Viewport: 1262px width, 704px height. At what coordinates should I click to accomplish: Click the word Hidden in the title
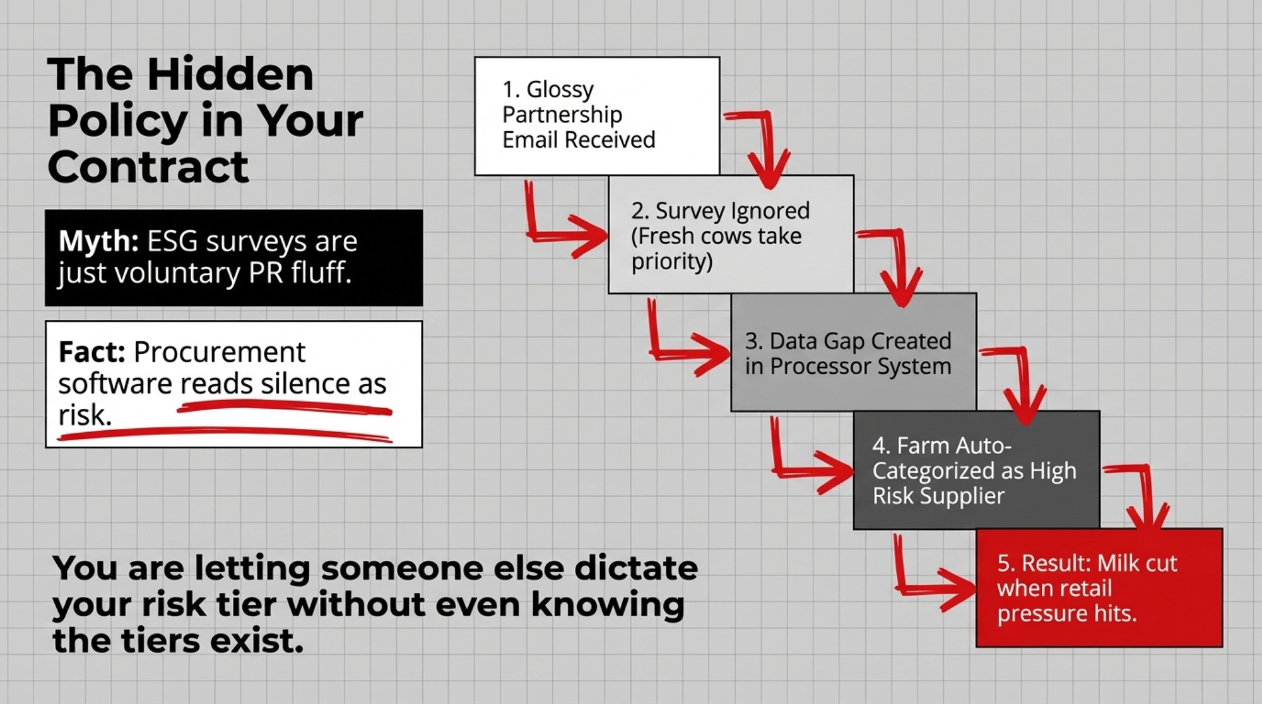tap(230, 74)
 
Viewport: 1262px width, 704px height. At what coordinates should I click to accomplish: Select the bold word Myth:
tap(98, 241)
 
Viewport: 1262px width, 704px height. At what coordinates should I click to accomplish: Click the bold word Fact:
tap(92, 352)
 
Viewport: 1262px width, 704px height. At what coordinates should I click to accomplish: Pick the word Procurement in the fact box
tap(220, 352)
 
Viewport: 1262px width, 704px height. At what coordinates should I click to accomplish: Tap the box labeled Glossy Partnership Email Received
tap(597, 116)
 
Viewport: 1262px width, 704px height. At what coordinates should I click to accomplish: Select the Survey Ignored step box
tap(731, 234)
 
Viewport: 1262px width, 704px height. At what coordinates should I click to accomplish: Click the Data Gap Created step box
tap(854, 352)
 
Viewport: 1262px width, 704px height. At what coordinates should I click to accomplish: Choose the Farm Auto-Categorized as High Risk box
tap(977, 470)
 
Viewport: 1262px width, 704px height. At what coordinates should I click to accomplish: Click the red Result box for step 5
tap(1099, 588)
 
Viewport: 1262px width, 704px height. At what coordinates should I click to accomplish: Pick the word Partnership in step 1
tap(562, 115)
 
